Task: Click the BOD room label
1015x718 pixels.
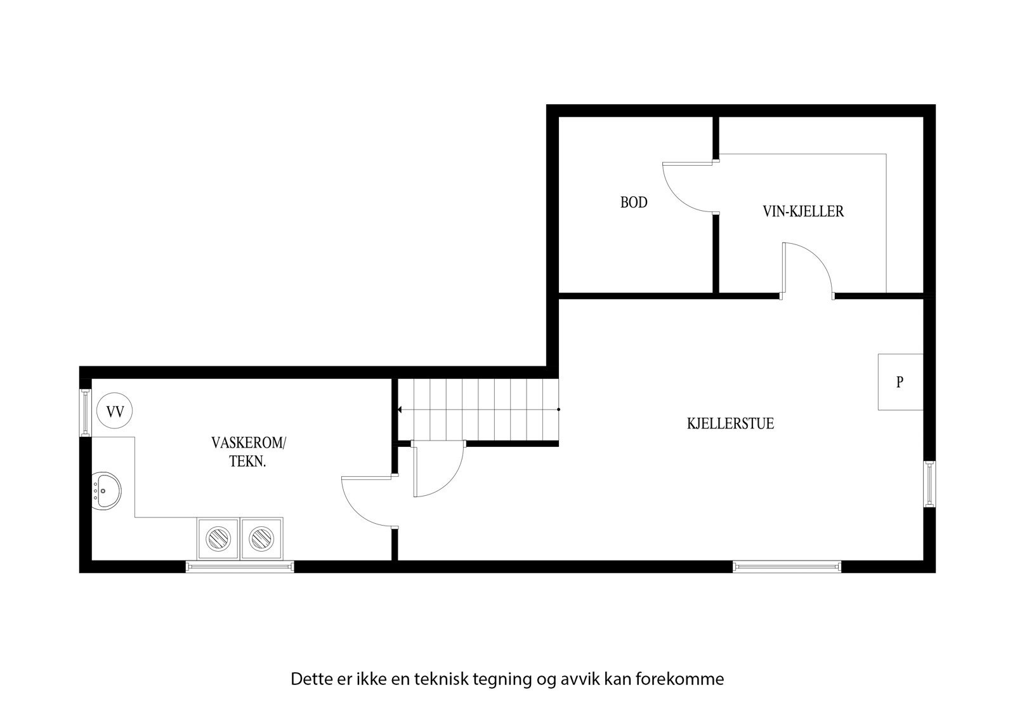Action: coord(634,203)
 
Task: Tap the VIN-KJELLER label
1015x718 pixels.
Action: coord(803,211)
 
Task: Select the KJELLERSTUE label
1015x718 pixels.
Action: coord(730,423)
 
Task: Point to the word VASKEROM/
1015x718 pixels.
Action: coord(248,442)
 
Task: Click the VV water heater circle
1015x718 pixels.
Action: coord(115,411)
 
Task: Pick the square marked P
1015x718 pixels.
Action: coord(900,382)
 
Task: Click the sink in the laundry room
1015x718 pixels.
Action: coord(107,491)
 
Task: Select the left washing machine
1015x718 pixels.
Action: coord(218,538)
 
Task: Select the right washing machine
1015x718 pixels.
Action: coord(261,538)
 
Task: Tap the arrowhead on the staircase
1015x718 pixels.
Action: coord(400,409)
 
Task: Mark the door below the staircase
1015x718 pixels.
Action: coord(438,469)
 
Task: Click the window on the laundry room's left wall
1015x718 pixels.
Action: coord(86,413)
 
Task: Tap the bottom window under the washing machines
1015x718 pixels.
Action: coord(240,566)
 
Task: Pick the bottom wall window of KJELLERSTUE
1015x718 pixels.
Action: coord(787,566)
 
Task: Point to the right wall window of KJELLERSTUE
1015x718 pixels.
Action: coord(929,484)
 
